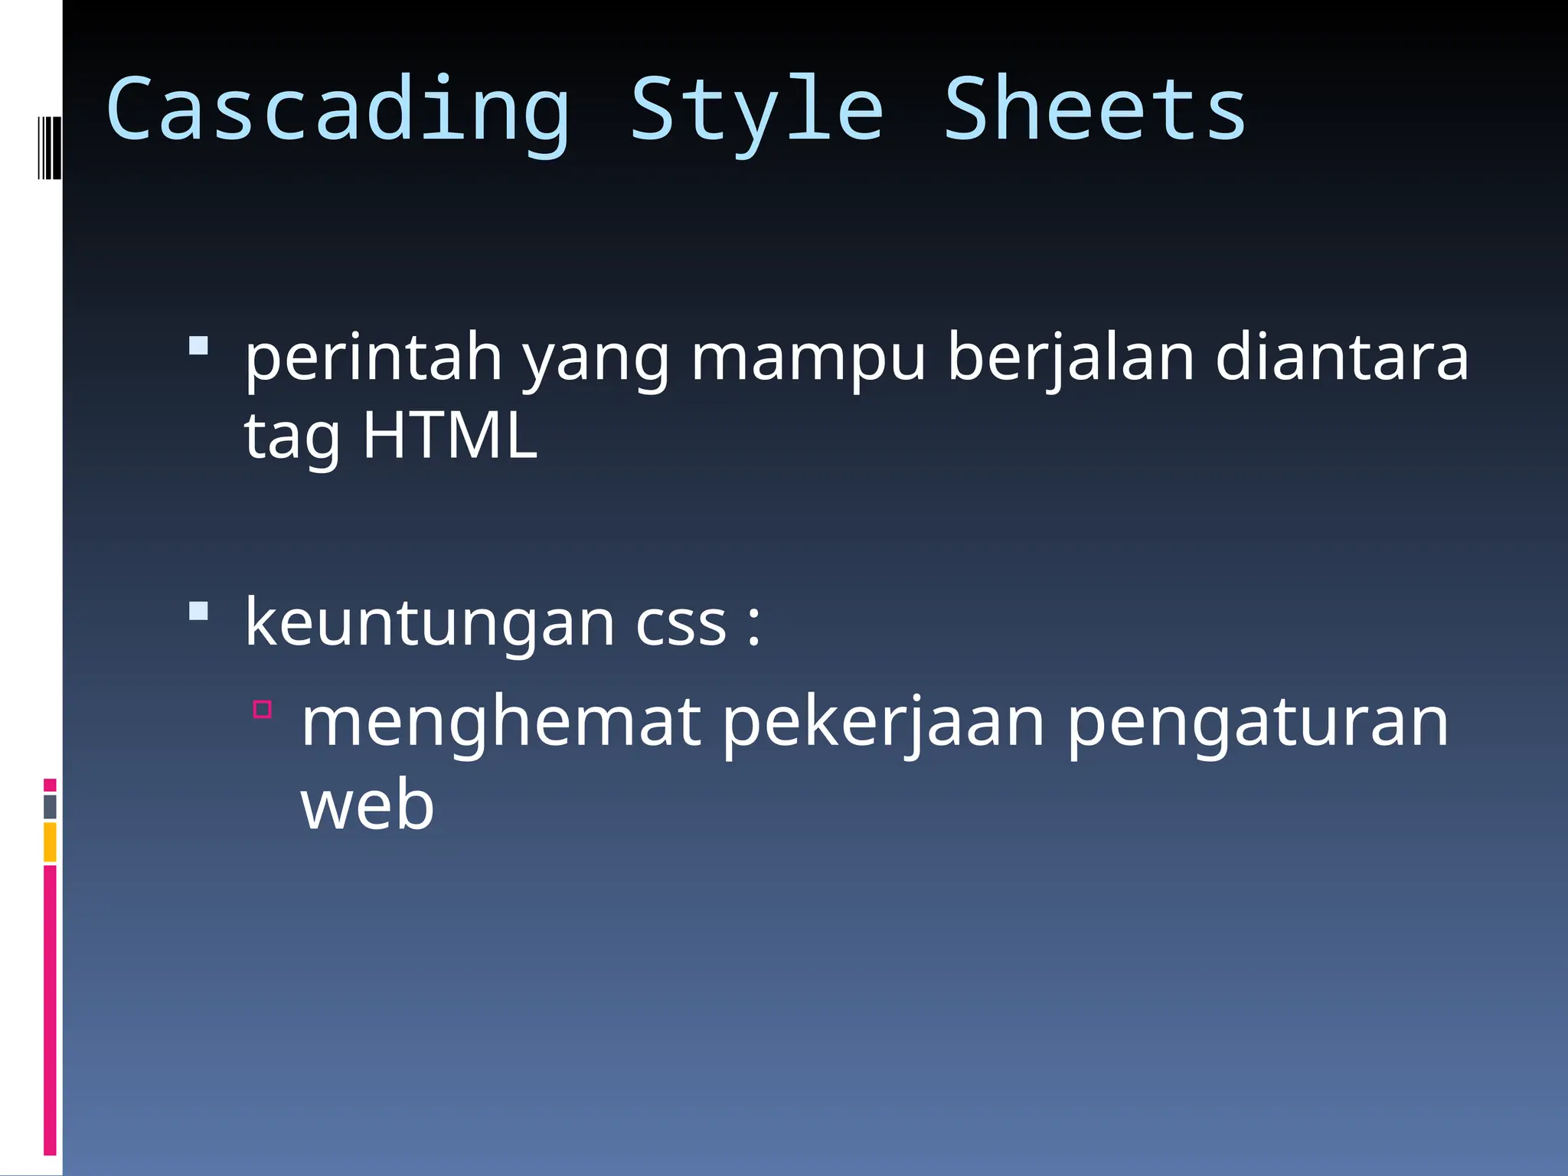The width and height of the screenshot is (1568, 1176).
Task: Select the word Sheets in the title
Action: (x=1095, y=111)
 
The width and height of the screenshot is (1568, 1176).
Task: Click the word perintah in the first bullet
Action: (x=373, y=358)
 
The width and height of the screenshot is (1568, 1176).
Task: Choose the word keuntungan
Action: (x=430, y=623)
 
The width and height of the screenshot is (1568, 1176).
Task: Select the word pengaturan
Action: (x=1257, y=723)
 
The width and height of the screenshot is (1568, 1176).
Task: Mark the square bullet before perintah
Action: (x=198, y=346)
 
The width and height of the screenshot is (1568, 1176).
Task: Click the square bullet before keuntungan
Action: (x=198, y=611)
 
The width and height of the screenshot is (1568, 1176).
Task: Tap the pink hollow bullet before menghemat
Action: (x=263, y=709)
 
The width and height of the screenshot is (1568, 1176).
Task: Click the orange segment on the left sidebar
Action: (x=50, y=841)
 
